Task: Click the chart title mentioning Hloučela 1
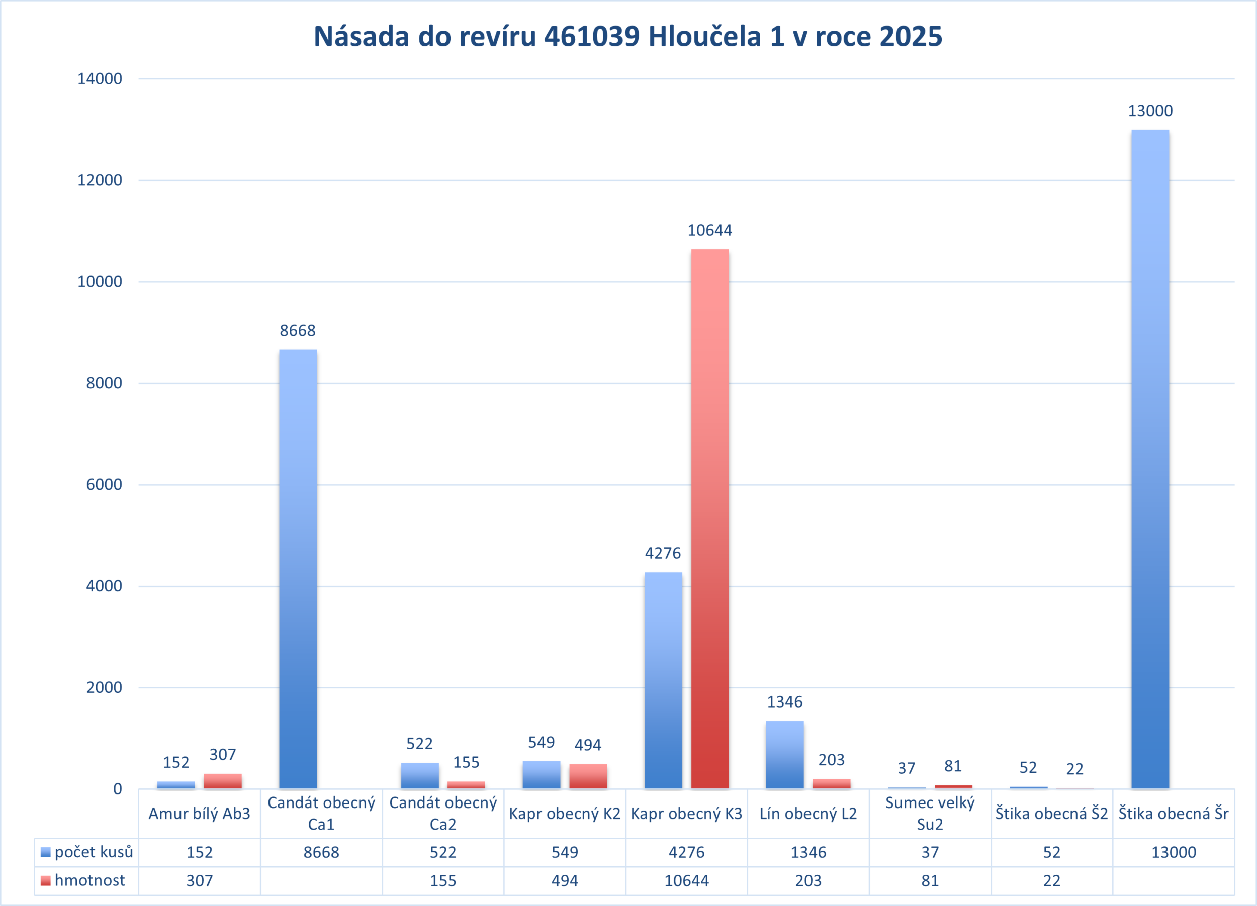628,37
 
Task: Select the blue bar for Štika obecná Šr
1150,460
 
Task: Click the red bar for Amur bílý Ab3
223,781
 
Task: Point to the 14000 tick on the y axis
100,78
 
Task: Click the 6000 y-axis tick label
104,484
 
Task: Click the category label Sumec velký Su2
930,813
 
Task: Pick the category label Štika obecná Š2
1051,813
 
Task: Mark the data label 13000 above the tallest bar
1150,111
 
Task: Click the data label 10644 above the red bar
710,230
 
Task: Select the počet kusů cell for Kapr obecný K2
565,852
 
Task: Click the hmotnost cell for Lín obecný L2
808,880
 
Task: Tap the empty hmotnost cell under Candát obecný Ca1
321,880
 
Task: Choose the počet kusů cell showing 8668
321,852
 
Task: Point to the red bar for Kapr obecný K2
588,776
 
